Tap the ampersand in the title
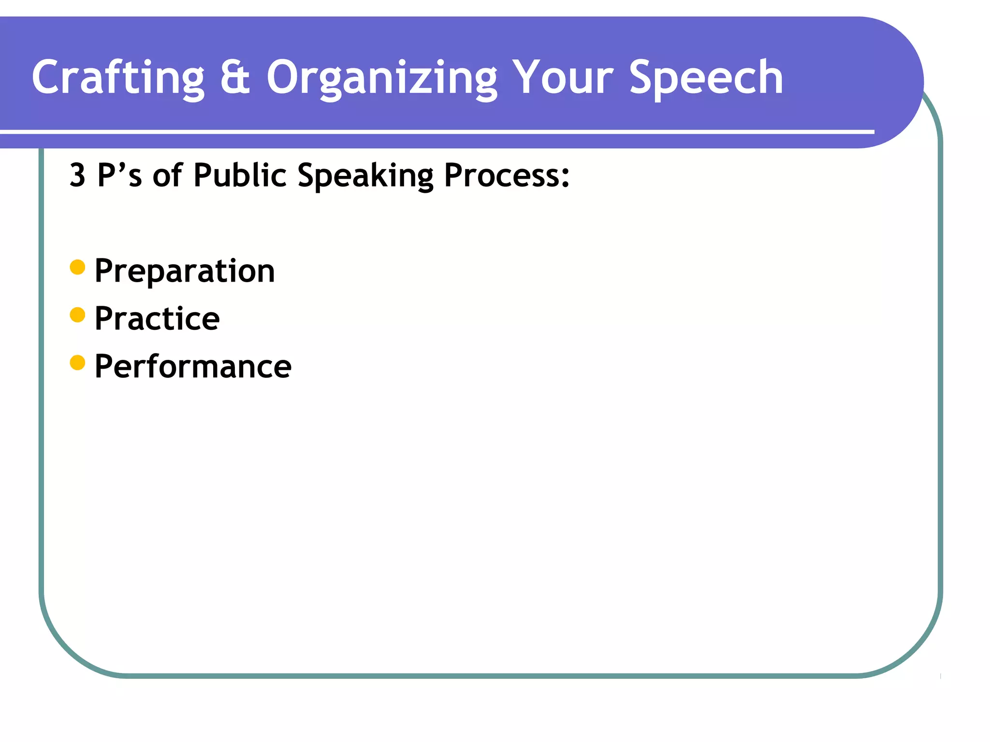235,77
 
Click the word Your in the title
563,77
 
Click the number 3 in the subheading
77,175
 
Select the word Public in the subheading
240,175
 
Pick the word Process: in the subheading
507,175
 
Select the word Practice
157,319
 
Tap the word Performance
193,367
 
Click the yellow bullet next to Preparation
77,267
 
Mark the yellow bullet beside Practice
77,315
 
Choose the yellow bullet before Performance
77,362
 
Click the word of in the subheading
167,175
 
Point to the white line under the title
435,131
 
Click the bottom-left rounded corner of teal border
68,647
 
